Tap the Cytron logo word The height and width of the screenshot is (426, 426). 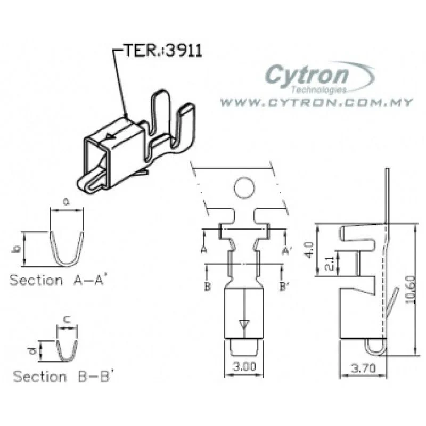click(307, 75)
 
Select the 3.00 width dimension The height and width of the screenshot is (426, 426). click(242, 367)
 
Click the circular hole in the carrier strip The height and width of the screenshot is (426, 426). click(245, 187)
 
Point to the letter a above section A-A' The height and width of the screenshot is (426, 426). click(67, 202)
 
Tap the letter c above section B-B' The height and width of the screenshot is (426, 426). click(67, 319)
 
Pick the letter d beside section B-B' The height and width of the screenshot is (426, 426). click(33, 350)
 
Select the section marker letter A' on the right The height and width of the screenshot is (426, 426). click(287, 249)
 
